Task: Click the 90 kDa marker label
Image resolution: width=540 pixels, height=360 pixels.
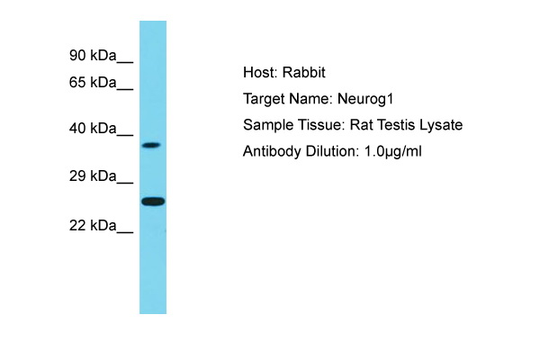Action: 93,56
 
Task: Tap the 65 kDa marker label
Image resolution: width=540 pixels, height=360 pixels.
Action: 93,83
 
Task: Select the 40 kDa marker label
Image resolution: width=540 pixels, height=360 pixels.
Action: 93,129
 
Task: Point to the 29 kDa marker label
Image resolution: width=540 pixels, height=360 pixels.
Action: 93,176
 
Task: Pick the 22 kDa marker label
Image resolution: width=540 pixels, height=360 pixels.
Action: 93,226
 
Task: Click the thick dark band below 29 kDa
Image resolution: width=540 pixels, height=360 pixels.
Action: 153,202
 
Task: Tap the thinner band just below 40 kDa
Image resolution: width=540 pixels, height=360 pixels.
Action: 151,145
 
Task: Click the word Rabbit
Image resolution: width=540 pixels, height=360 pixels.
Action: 304,73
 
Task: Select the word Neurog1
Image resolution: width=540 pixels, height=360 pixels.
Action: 365,99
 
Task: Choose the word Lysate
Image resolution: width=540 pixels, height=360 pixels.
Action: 441,125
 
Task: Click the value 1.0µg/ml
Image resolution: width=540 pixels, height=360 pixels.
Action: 393,151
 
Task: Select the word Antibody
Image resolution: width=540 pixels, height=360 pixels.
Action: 272,152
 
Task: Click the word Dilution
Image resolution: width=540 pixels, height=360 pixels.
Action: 330,151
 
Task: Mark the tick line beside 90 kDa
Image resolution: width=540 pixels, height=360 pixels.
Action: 125,62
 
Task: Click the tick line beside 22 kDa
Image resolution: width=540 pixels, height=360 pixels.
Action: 125,232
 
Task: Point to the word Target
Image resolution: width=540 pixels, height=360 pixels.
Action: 264,99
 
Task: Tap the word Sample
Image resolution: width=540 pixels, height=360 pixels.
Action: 268,125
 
